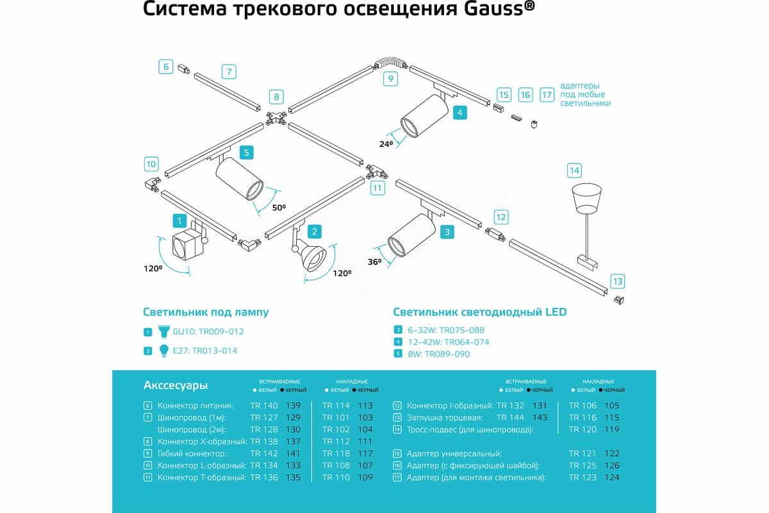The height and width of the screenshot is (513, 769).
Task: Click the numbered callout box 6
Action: (x=165, y=65)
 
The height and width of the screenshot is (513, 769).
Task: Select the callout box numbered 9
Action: (x=390, y=80)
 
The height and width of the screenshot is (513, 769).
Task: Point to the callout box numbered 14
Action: (x=574, y=171)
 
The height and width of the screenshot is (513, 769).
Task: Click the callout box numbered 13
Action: (x=617, y=282)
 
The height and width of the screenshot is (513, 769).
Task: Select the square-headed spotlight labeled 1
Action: (x=186, y=246)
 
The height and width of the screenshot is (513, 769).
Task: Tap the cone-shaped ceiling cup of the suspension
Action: (x=588, y=199)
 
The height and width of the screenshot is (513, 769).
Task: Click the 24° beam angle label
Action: (x=386, y=144)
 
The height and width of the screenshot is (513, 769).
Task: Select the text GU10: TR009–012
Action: (x=208, y=332)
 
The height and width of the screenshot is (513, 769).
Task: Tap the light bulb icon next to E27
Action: (x=163, y=350)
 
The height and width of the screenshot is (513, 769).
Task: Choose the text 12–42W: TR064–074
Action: (x=448, y=342)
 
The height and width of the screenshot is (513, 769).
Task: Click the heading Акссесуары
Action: (x=176, y=385)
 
